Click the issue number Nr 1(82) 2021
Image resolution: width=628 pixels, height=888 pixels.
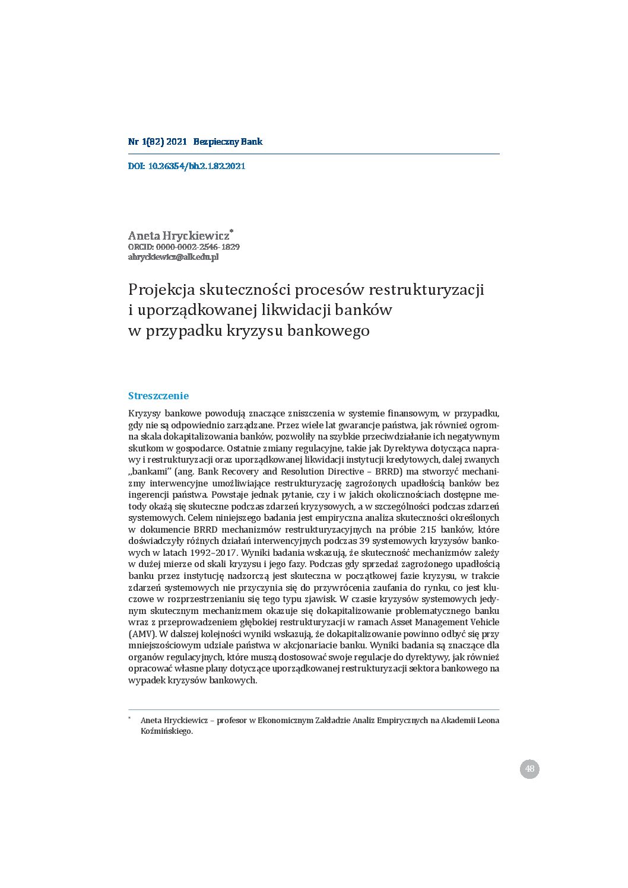[x=157, y=142]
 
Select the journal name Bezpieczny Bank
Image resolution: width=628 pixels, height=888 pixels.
[x=227, y=142]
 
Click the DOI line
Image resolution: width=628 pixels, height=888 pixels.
[x=186, y=166]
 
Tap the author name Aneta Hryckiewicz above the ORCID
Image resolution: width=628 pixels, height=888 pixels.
[x=179, y=235]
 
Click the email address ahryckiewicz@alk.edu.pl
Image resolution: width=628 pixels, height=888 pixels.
[x=173, y=257]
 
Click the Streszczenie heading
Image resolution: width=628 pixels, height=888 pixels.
[x=158, y=396]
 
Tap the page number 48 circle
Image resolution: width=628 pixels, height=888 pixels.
[x=529, y=769]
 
